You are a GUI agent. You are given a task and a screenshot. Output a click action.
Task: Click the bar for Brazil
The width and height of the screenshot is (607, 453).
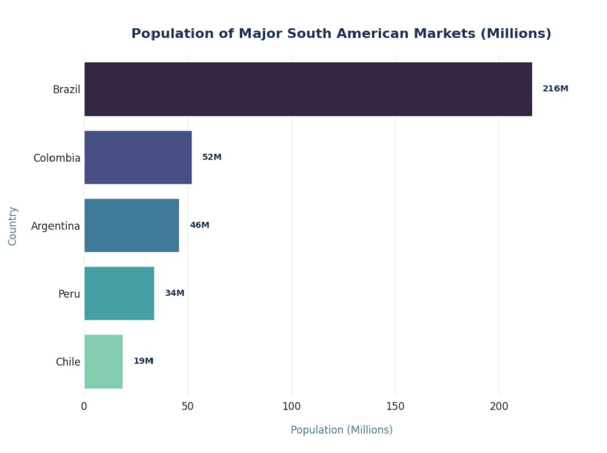(x=308, y=89)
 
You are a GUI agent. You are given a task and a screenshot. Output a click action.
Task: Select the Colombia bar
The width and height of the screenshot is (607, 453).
(x=138, y=157)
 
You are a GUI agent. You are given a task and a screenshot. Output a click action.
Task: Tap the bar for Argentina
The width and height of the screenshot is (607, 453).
(x=132, y=225)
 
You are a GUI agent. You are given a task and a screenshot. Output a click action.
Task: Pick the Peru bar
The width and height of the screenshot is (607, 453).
(x=119, y=293)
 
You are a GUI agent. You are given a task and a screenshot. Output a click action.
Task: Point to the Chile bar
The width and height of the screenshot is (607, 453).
(x=103, y=361)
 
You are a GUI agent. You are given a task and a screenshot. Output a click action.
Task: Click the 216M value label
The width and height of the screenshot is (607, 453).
(x=555, y=89)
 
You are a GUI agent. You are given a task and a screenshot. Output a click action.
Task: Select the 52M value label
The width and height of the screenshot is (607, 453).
(x=212, y=157)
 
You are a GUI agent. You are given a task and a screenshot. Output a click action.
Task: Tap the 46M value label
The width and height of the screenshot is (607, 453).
(x=200, y=225)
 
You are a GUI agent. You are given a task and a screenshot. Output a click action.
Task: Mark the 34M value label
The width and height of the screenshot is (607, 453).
(x=175, y=293)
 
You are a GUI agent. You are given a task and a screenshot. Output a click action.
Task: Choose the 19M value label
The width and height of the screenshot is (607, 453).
(x=143, y=361)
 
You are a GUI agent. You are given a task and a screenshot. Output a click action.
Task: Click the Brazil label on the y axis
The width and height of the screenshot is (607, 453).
(x=66, y=89)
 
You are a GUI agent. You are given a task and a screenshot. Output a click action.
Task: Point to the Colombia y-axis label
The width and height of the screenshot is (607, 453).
(x=57, y=158)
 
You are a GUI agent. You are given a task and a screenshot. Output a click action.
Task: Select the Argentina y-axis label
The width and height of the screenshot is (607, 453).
(x=56, y=226)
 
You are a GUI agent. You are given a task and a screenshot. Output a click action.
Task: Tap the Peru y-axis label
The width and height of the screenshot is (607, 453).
(x=69, y=294)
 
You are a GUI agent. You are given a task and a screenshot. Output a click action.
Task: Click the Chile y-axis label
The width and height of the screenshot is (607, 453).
(x=68, y=362)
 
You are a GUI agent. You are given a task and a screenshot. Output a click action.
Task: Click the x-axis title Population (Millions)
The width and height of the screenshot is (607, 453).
(x=342, y=430)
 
